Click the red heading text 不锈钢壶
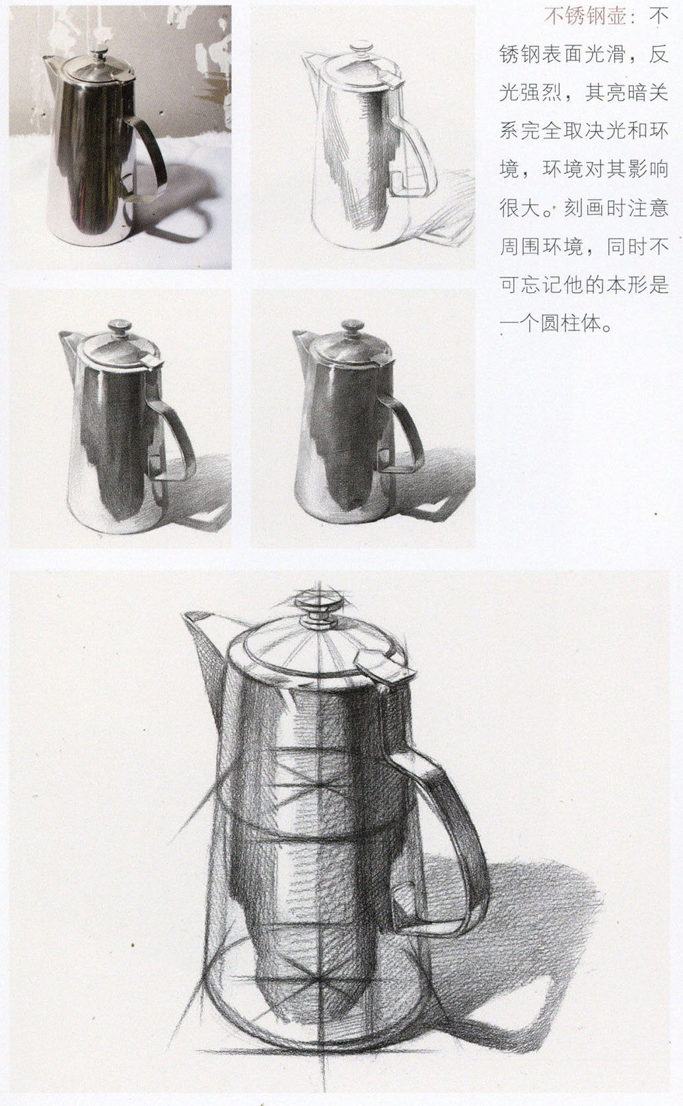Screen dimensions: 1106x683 [x=585, y=17]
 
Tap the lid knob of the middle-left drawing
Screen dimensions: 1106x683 [x=120, y=326]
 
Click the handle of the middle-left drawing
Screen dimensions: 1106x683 [x=178, y=429]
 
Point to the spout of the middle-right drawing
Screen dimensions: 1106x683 [x=300, y=340]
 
